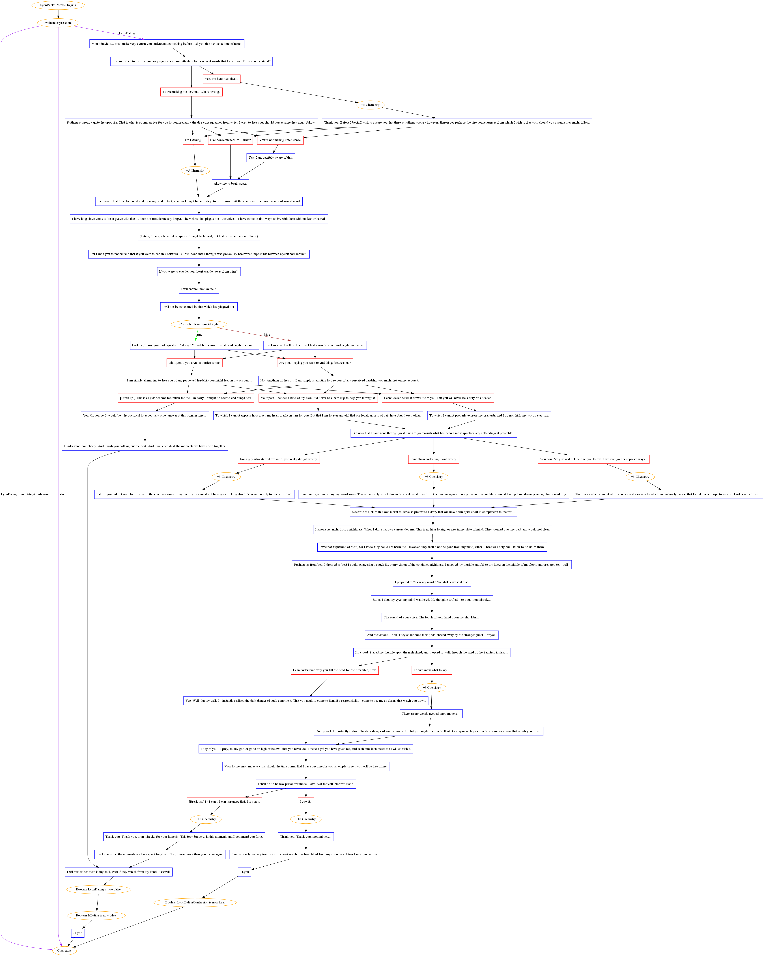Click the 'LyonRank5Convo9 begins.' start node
coord(58,5)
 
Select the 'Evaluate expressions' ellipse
coord(58,23)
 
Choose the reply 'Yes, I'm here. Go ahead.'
coord(221,79)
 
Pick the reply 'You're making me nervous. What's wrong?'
coord(191,92)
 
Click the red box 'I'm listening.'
coord(193,140)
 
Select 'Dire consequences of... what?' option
coord(230,140)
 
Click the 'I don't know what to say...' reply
coord(431,670)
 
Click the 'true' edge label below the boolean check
coord(199,335)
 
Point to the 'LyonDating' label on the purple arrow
coord(127,33)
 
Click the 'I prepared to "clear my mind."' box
coord(431,582)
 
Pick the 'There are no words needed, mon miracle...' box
coord(431,714)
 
